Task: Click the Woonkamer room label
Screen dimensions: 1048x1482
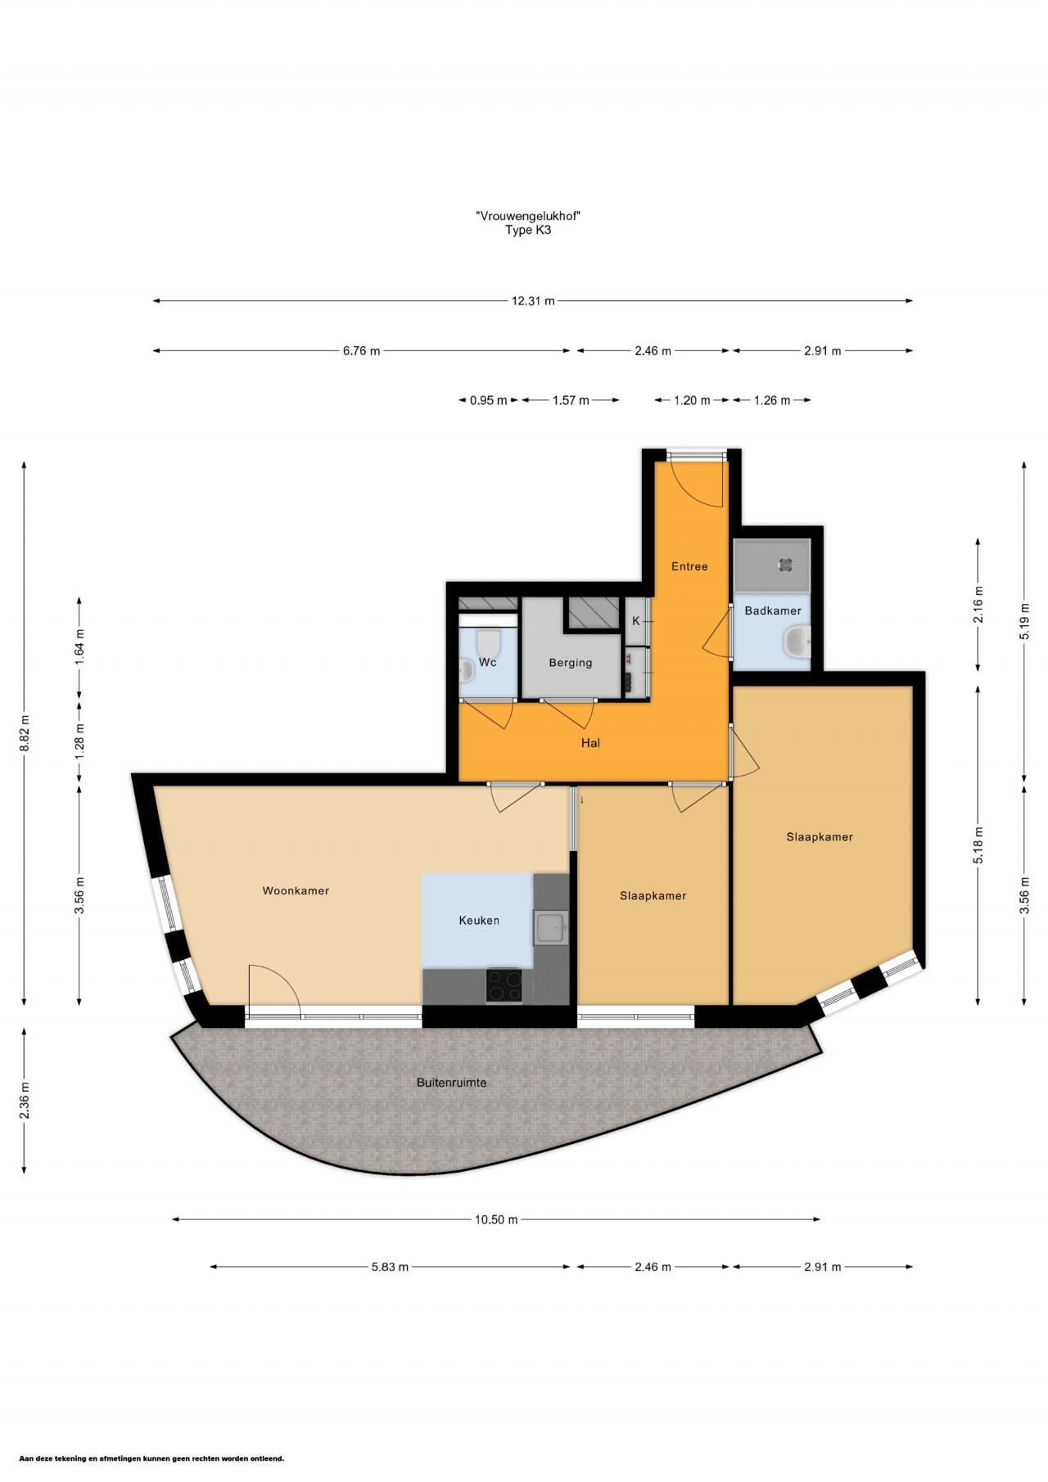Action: (296, 890)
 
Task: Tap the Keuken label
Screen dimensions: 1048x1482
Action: (479, 921)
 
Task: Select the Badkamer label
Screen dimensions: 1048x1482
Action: (773, 610)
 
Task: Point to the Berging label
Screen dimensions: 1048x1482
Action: (571, 663)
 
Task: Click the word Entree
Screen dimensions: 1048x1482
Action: (689, 566)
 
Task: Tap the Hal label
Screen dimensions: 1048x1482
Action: (590, 743)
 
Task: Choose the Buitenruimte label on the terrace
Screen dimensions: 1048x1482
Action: (452, 1083)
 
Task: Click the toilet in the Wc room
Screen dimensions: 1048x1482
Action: (489, 639)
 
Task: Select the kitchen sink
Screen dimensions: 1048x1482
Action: (550, 929)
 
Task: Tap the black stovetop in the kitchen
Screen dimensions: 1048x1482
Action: (504, 985)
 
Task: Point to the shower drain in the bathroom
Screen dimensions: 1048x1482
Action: (785, 564)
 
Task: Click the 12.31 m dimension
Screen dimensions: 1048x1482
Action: (533, 301)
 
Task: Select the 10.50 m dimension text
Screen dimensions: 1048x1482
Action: (496, 1219)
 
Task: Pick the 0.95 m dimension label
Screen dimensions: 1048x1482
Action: (489, 400)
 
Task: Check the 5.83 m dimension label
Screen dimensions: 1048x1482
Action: (390, 1267)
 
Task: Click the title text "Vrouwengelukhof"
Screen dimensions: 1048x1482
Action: (533, 216)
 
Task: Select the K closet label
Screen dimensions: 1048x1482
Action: (636, 621)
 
